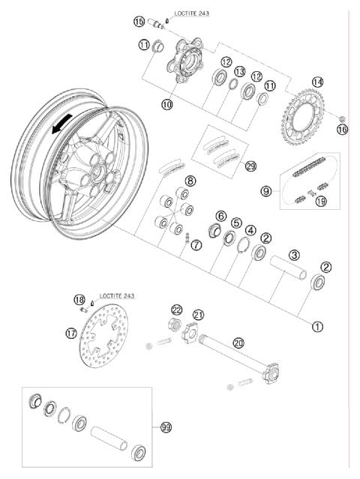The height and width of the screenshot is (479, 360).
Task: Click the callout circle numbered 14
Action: tap(317, 82)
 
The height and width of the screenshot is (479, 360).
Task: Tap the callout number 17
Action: tap(71, 332)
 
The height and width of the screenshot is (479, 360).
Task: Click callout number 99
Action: tap(166, 427)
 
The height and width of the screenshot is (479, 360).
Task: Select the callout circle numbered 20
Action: tap(238, 343)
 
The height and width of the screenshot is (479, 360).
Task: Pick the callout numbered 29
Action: tap(229, 166)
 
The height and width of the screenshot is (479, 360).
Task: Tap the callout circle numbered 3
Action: tap(295, 255)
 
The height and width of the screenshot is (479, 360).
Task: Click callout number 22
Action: tap(176, 310)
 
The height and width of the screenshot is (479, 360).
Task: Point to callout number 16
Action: tap(342, 129)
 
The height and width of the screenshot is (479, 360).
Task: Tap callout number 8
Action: tap(190, 181)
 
